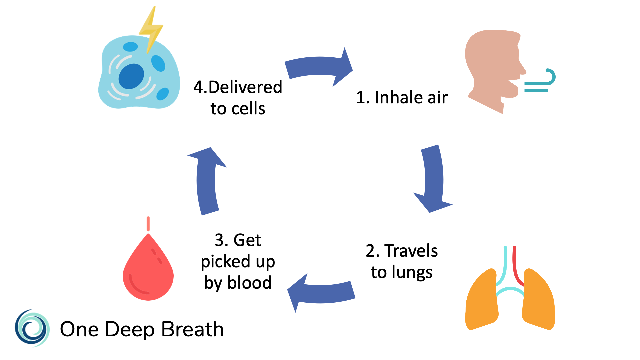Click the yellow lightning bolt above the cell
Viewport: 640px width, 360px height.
click(151, 30)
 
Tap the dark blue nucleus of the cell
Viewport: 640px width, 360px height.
click(131, 76)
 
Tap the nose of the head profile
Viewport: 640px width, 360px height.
click(522, 68)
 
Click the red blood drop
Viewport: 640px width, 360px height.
click(148, 273)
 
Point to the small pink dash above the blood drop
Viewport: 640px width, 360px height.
click(148, 224)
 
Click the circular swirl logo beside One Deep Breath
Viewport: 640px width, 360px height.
click(32, 328)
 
